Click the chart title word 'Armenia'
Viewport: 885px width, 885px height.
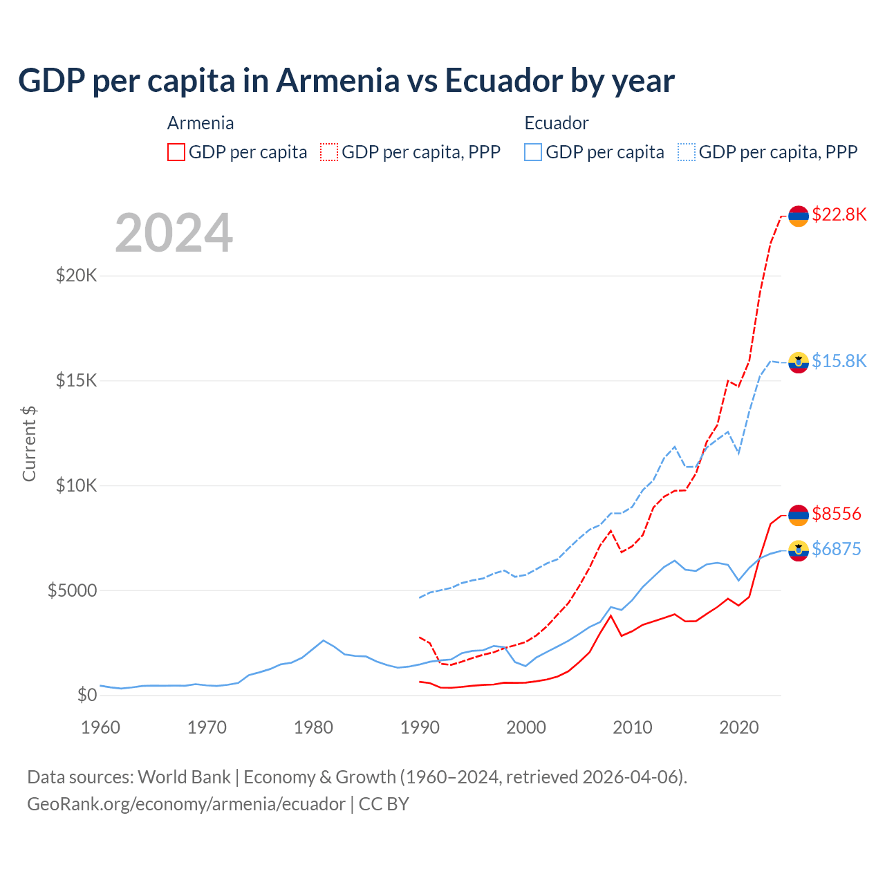(337, 81)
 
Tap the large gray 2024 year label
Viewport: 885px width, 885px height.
(174, 233)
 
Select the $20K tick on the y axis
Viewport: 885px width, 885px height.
(76, 276)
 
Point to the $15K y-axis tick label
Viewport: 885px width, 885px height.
(76, 381)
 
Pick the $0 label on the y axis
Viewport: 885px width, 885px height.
(86, 695)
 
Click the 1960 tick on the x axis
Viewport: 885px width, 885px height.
(101, 727)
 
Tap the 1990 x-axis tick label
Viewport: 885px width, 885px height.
(420, 727)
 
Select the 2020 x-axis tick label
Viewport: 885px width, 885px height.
(739, 727)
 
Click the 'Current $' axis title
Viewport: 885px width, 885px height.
(29, 443)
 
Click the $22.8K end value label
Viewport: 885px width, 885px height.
(839, 215)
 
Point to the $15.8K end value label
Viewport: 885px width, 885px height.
(839, 361)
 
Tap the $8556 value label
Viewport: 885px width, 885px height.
(837, 514)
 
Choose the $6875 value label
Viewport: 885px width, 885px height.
(837, 549)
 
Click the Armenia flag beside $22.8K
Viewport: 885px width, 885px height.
(799, 216)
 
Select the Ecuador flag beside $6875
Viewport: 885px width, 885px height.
(799, 550)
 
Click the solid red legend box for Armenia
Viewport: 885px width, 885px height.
(176, 152)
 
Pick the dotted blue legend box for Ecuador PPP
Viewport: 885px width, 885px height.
(687, 152)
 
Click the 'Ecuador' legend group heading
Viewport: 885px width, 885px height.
(557, 123)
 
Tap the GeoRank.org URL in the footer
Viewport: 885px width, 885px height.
(186, 804)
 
